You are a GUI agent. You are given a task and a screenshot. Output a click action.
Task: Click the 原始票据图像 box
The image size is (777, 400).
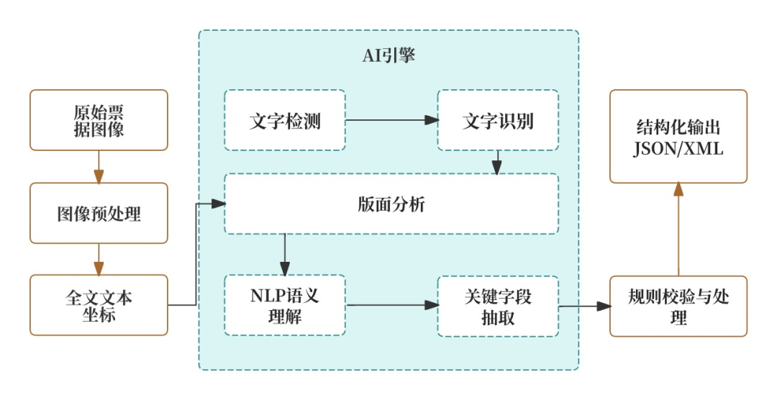(x=99, y=120)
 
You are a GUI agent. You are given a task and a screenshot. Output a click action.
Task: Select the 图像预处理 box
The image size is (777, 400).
(x=99, y=213)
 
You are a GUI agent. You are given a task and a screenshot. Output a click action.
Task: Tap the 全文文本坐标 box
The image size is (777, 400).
(x=99, y=305)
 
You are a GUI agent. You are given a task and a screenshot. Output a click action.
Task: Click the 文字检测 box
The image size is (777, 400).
(x=285, y=120)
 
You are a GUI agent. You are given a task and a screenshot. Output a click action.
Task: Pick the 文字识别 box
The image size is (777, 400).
(x=498, y=120)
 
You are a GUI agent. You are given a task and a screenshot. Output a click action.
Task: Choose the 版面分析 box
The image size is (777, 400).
(x=391, y=204)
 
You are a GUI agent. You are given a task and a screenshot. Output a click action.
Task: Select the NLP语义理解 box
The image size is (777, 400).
(x=285, y=305)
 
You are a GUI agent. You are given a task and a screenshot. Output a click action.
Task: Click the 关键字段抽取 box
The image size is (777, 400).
(x=498, y=305)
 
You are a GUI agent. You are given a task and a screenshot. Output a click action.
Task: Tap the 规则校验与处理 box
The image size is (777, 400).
(x=678, y=306)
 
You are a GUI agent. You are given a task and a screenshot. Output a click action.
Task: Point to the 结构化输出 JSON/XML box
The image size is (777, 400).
(x=678, y=136)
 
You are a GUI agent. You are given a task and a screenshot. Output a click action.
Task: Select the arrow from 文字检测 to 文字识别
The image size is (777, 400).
(x=391, y=120)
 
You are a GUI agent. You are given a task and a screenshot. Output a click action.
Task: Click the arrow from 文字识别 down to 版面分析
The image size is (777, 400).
(x=496, y=163)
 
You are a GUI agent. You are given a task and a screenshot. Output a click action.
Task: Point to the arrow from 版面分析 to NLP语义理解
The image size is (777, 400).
(x=286, y=254)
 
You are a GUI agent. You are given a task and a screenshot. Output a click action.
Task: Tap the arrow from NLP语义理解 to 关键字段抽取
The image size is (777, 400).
(x=391, y=305)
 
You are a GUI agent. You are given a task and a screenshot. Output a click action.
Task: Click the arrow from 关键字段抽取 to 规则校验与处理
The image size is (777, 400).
(x=584, y=306)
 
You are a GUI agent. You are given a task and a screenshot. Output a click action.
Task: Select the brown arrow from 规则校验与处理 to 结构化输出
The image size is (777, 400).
(x=678, y=229)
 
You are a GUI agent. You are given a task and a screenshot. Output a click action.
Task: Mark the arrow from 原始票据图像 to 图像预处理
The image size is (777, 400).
(x=99, y=167)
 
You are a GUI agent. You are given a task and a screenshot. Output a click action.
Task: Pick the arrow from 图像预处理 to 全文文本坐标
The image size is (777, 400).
(x=99, y=259)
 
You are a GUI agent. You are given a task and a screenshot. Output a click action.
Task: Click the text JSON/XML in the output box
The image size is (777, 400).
(x=678, y=150)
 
